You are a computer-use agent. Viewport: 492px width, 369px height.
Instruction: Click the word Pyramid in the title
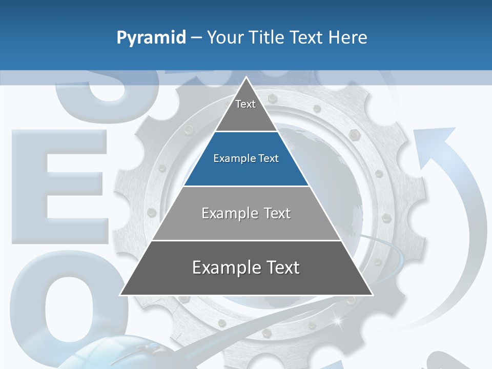151,38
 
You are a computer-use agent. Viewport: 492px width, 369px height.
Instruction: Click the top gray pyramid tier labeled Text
245,111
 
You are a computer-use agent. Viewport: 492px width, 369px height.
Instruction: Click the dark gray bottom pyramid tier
246,277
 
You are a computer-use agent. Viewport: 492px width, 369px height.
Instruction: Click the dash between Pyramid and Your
196,38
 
